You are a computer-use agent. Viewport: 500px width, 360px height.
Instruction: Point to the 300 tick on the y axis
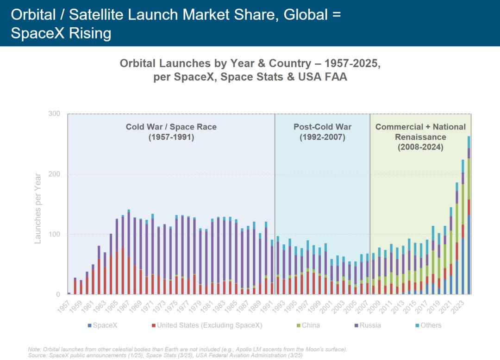point(54,114)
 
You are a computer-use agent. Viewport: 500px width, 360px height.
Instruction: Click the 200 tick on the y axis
point(54,174)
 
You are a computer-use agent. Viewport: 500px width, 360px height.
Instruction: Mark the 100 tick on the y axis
point(54,234)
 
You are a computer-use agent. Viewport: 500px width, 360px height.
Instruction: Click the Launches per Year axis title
point(38,208)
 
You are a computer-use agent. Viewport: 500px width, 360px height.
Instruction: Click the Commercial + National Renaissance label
point(420,137)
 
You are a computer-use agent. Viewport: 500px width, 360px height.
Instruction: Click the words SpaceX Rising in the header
point(61,33)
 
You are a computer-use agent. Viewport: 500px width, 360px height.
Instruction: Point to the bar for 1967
point(129,252)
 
